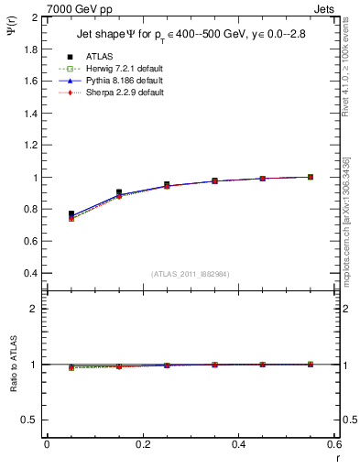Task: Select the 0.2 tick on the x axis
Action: tap(142, 444)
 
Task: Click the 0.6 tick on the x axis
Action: tap(333, 444)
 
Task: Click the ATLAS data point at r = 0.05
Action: tap(71, 213)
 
